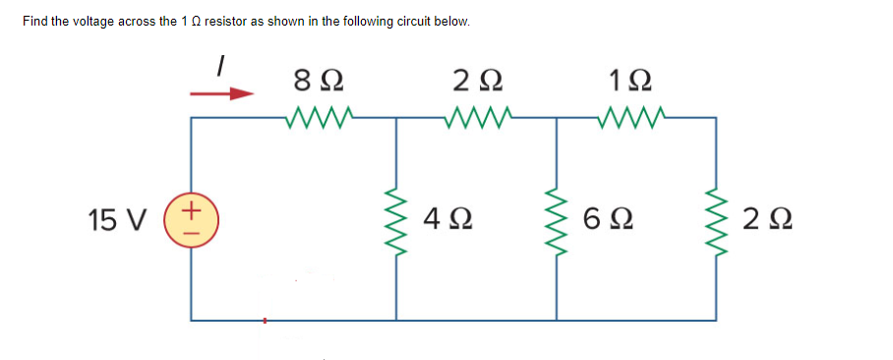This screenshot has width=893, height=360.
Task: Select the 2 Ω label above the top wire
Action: click(x=478, y=77)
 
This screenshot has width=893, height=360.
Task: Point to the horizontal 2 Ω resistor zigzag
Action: click(x=477, y=119)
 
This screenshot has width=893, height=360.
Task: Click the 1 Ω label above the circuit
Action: click(x=634, y=77)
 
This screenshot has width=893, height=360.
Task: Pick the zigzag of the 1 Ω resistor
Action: click(x=634, y=119)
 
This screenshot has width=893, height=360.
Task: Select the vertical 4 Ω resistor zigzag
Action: click(x=396, y=218)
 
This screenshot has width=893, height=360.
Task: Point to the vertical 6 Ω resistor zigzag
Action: click(x=558, y=218)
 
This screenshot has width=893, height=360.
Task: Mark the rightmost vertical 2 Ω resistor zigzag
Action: click(x=716, y=218)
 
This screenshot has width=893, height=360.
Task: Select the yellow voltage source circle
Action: click(x=192, y=218)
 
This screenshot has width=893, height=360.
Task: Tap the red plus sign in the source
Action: click(x=192, y=209)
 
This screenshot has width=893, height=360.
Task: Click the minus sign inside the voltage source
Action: click(x=192, y=229)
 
